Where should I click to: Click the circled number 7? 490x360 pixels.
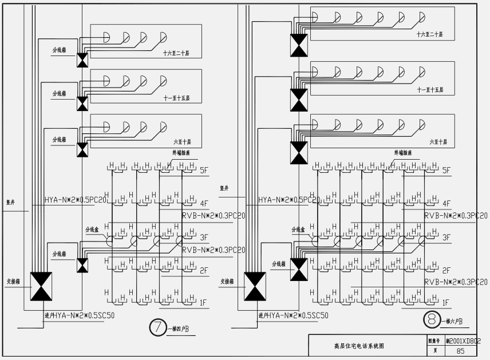pos(157,327)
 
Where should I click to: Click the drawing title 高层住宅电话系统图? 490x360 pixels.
pos(359,346)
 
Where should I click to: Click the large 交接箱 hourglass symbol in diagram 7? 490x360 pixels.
pos(41,286)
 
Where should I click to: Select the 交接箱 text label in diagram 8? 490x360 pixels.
pos(228,281)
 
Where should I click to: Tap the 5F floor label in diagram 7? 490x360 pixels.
pos(205,170)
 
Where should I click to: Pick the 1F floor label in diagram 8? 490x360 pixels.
pos(445,302)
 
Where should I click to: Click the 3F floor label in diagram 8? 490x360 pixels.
pos(445,237)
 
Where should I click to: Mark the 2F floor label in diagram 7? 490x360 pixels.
pos(204,270)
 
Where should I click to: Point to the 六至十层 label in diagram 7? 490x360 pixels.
pos(182,141)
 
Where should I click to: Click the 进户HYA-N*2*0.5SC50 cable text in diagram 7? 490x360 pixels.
pos(74,315)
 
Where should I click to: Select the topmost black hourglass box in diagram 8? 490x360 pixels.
pos(298,45)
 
